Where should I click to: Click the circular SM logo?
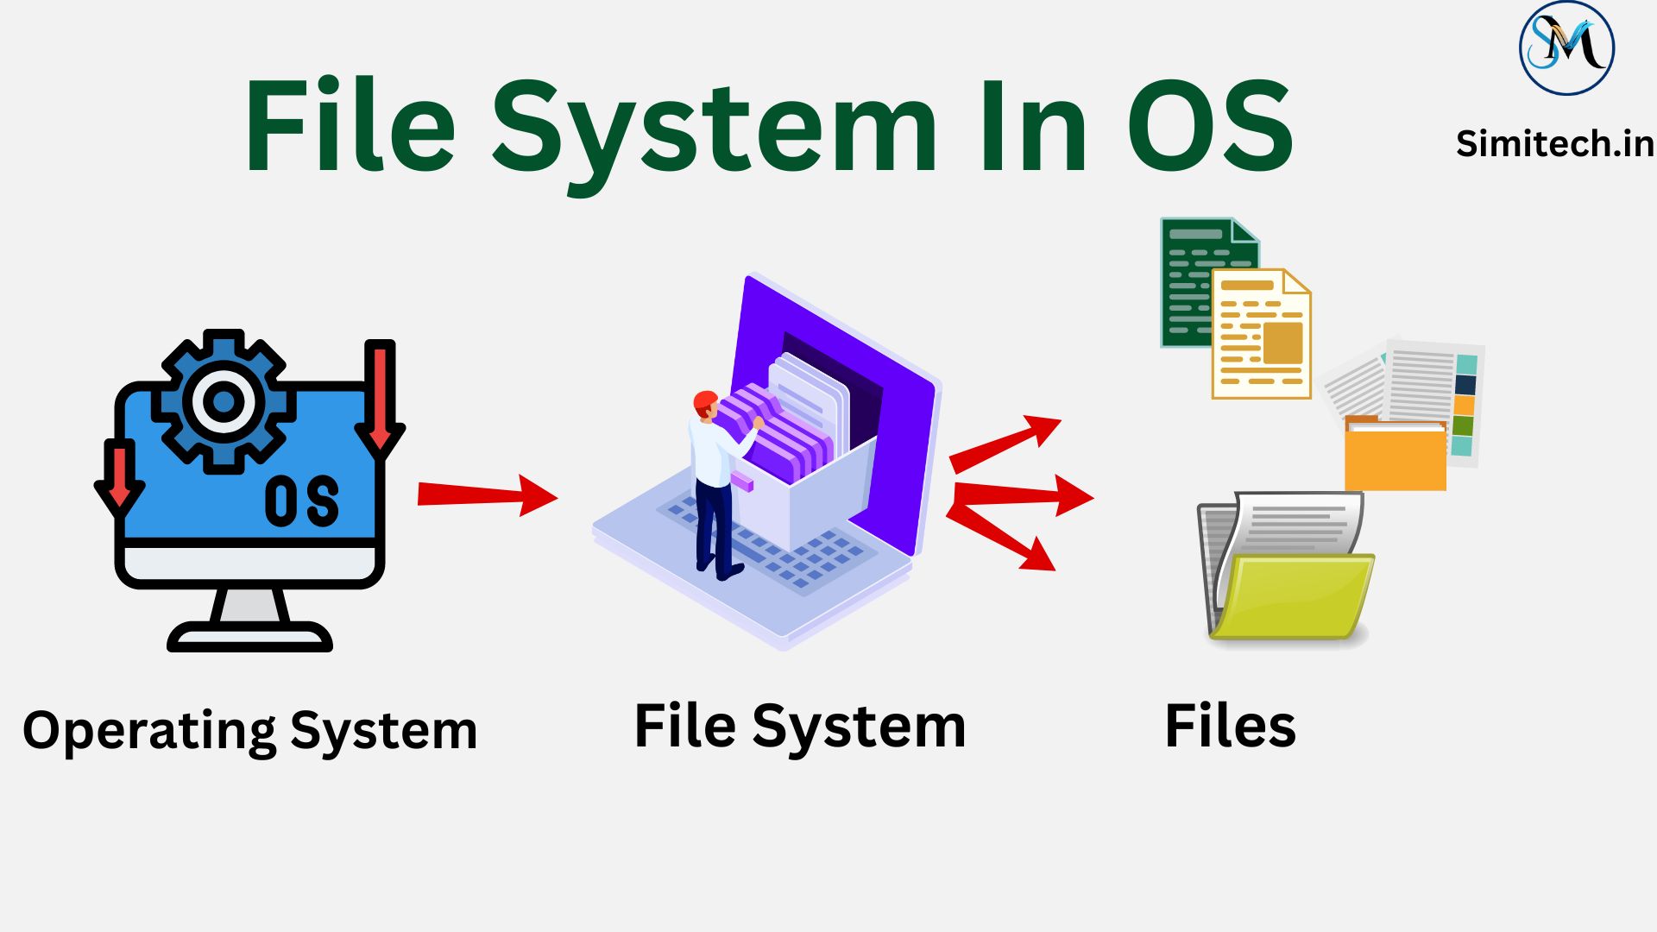(1566, 47)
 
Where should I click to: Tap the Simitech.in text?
(1554, 143)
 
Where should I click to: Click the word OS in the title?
(1210, 127)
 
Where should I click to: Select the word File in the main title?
(350, 127)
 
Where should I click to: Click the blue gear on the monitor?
(224, 401)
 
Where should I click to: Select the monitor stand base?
(250, 636)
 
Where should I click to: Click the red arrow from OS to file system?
(488, 494)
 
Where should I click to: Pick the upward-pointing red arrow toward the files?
(1005, 443)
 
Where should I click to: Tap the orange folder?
(1395, 456)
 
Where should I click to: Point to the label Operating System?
(250, 731)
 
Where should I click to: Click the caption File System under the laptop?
(800, 727)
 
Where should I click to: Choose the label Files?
(1230, 727)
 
